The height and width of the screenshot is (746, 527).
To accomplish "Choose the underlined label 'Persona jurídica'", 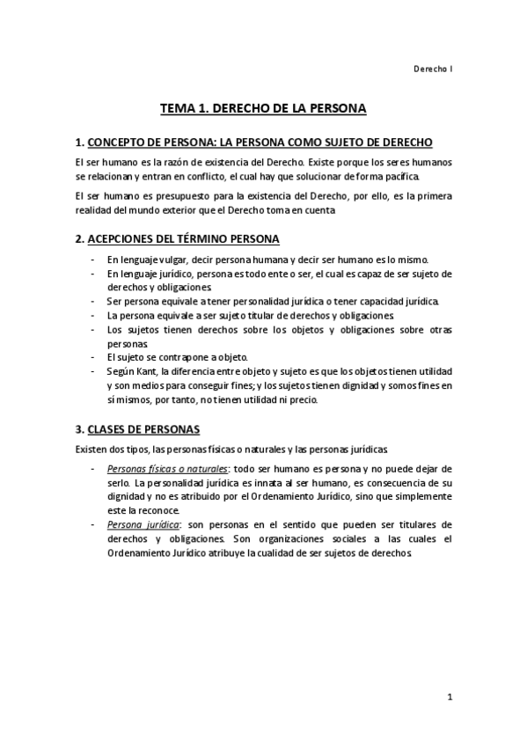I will tap(138, 524).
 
